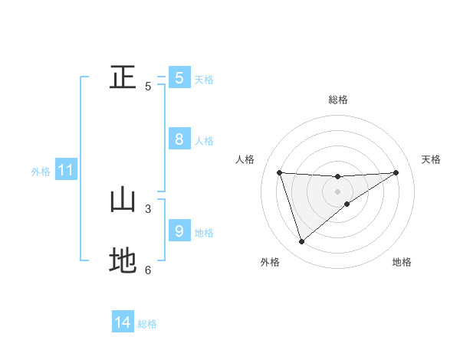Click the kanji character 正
click(x=123, y=77)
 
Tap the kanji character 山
click(x=123, y=201)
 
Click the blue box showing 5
click(x=179, y=77)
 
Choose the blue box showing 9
click(x=179, y=231)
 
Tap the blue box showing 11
click(x=65, y=171)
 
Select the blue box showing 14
click(x=123, y=322)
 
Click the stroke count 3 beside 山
click(x=148, y=208)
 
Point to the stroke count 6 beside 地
click(x=148, y=270)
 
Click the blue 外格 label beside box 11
click(x=41, y=172)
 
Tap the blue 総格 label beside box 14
click(x=147, y=324)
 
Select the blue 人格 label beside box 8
click(x=204, y=141)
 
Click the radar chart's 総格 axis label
click(x=338, y=100)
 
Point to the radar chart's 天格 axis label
click(x=432, y=159)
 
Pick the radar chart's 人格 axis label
click(x=245, y=159)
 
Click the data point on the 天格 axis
click(x=396, y=172)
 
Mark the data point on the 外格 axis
click(x=301, y=242)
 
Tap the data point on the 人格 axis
click(x=279, y=172)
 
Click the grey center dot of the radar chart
click(x=338, y=191)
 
